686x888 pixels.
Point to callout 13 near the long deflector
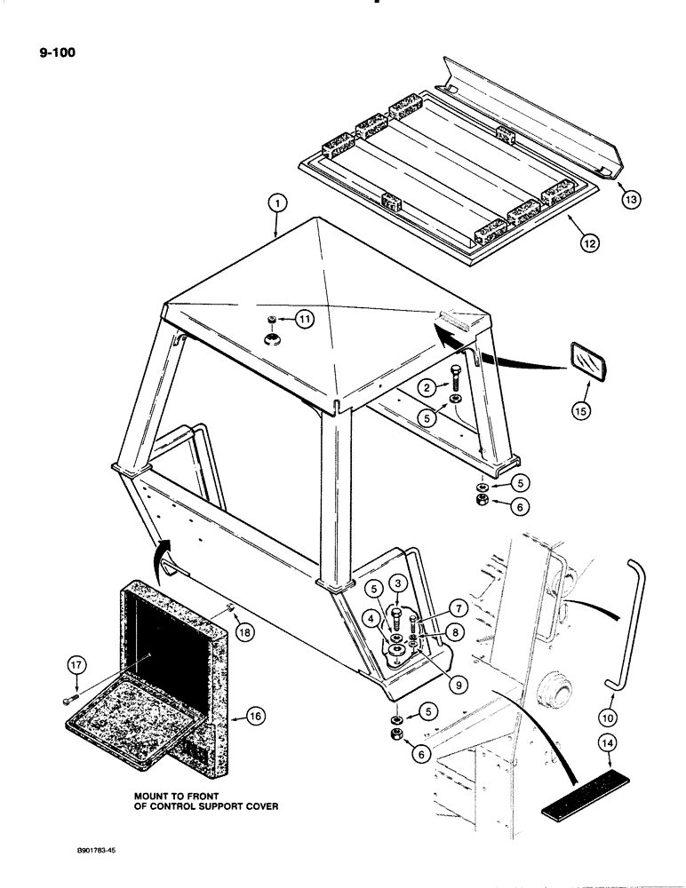point(631,201)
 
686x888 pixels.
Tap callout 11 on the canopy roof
point(306,321)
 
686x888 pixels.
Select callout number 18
point(244,631)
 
